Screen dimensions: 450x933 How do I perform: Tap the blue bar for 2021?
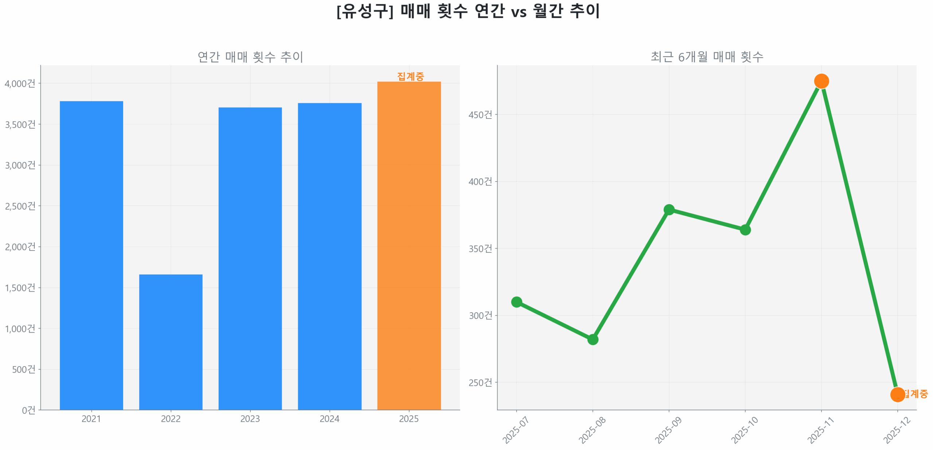91,255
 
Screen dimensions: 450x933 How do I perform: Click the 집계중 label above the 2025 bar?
410,76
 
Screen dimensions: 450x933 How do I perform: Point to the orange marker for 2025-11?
821,81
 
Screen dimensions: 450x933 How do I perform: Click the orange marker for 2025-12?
897,394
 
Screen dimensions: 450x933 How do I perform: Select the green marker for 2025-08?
593,340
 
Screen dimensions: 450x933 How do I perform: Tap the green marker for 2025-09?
669,209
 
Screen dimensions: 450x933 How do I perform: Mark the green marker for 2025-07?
516,302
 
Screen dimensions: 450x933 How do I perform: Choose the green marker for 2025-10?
745,230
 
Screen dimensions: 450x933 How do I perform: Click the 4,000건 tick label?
20,84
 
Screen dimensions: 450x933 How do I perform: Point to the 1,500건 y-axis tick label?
20,288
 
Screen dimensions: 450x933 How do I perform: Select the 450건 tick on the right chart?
480,115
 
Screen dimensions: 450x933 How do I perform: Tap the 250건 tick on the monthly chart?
480,383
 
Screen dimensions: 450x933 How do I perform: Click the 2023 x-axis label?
250,419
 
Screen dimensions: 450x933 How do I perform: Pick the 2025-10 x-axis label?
744,430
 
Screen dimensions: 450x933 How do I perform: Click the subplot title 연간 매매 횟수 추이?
250,57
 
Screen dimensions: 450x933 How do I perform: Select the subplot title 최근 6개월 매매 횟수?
707,57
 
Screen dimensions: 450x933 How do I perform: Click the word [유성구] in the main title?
365,11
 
